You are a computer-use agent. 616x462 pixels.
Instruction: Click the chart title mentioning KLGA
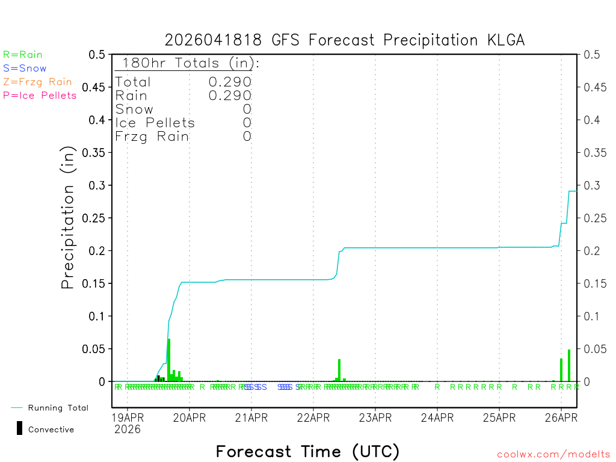(x=345, y=40)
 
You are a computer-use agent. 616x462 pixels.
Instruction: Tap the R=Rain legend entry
(x=23, y=55)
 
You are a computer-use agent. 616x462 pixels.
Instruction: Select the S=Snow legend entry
(x=25, y=69)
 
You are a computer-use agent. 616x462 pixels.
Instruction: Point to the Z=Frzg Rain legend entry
(x=37, y=82)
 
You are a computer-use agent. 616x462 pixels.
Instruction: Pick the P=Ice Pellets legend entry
(x=40, y=95)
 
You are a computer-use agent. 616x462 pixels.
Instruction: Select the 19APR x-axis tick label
(x=127, y=417)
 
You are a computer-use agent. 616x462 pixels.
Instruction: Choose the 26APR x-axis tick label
(x=561, y=417)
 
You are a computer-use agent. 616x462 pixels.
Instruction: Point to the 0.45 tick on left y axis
(x=96, y=87)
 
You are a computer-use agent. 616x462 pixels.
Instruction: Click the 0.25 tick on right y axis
(x=593, y=218)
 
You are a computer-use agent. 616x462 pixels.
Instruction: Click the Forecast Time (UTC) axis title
(x=307, y=451)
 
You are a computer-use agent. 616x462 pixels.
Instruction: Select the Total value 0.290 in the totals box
(x=230, y=82)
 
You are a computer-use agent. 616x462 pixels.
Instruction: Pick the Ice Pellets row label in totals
(x=155, y=123)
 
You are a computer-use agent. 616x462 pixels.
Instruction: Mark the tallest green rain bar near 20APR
(x=169, y=360)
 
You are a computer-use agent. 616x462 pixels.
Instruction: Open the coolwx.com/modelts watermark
(x=553, y=455)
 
